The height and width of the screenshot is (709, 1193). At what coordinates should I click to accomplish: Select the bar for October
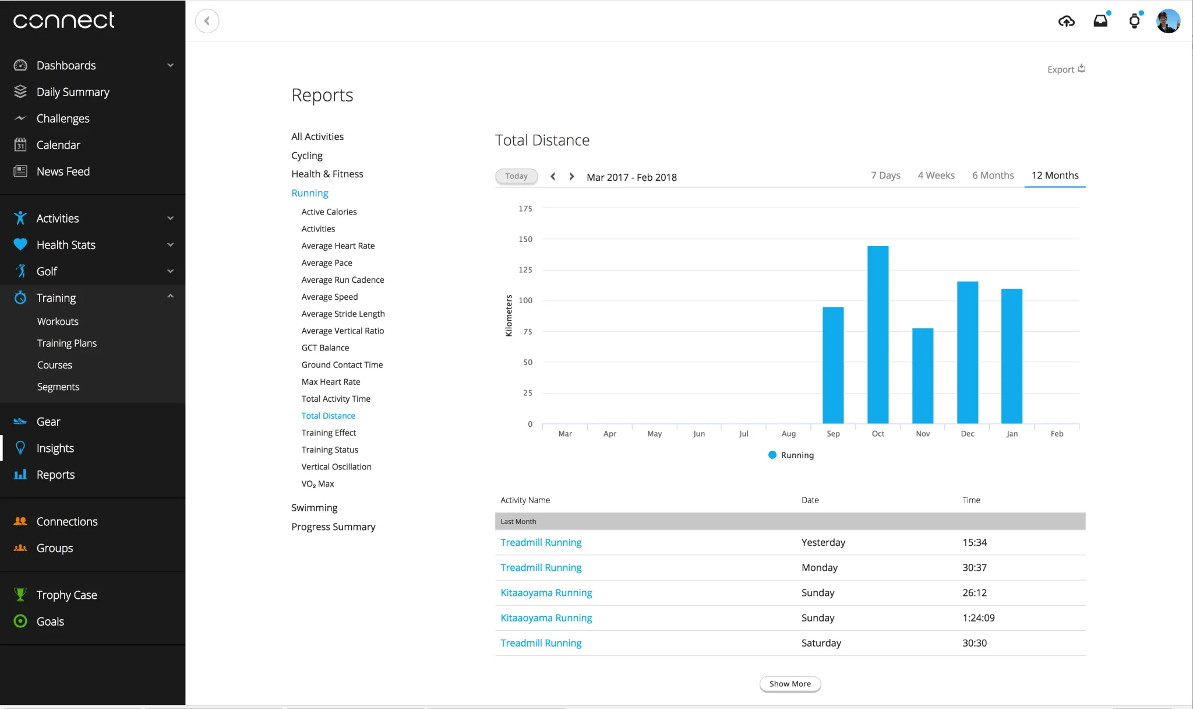(877, 335)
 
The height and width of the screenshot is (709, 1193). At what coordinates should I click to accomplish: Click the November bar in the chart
(922, 375)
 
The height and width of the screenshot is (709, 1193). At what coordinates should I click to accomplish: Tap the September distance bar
(832, 365)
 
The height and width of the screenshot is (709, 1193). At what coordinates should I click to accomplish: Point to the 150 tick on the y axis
(525, 239)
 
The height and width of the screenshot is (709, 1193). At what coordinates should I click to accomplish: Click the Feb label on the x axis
(1057, 434)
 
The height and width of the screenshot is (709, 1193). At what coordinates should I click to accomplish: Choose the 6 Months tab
(993, 176)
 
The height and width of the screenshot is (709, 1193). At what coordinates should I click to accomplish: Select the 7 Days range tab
(885, 176)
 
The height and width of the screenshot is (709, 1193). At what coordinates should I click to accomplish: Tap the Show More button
(790, 684)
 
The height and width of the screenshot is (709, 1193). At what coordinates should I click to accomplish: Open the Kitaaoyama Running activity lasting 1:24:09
(546, 618)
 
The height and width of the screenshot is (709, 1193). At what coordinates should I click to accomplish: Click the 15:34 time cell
(975, 542)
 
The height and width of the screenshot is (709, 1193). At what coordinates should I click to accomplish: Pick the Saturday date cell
(821, 643)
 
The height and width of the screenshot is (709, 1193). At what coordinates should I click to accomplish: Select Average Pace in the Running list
(326, 263)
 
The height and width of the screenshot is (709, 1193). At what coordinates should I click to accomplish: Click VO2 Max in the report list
(317, 484)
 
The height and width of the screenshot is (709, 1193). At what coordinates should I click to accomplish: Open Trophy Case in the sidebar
(66, 595)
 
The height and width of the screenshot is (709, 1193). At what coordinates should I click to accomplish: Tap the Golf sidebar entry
(47, 271)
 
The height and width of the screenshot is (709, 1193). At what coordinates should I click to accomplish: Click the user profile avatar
(1167, 22)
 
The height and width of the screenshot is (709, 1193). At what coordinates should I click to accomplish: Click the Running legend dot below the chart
(772, 455)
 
